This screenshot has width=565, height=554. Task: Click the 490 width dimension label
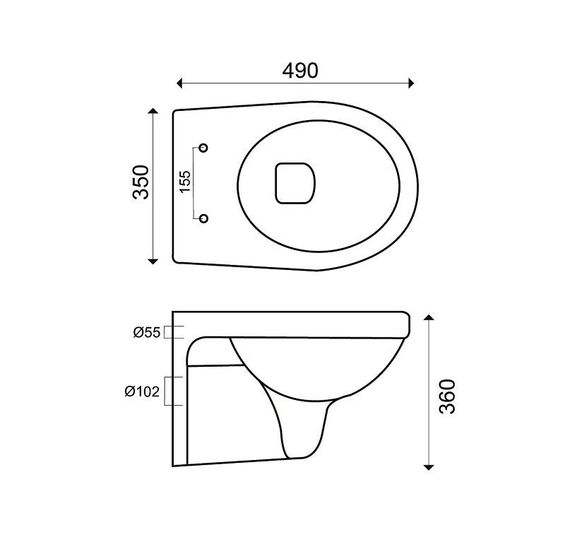pos(300,70)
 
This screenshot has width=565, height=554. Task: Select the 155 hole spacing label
pos(184,182)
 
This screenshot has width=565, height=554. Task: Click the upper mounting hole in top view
pos(204,148)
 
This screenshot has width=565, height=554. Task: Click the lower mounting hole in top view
pos(204,218)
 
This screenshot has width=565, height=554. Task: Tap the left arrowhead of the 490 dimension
pos(180,83)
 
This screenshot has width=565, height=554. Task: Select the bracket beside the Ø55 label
pos(174,332)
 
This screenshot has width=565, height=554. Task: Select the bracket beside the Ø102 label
pos(174,390)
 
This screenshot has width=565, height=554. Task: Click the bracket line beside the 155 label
pos(194,183)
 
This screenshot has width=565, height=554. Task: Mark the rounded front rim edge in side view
pos(408,324)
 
